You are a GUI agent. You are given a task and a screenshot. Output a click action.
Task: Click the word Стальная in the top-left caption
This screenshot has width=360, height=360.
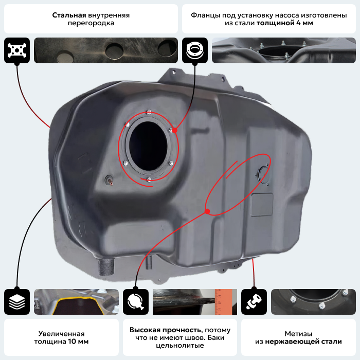pos(69,15)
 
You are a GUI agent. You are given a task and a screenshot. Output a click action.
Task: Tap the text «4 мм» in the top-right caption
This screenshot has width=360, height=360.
pos(304,23)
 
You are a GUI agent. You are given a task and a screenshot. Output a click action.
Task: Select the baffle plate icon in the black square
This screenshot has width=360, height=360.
pos(17,50)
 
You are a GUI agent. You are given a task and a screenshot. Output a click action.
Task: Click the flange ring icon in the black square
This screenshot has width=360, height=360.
pos(195,50)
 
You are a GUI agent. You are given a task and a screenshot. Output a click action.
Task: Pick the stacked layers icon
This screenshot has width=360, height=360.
pos(17,302)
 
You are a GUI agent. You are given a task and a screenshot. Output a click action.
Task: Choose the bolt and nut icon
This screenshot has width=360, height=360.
pos(254,302)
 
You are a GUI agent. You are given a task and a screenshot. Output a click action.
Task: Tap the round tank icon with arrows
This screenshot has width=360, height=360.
pos(136,302)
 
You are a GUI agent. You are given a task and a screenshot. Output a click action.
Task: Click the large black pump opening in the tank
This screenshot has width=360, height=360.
pos(148,146)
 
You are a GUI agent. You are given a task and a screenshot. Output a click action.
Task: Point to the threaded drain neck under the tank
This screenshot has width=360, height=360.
pos(106,267)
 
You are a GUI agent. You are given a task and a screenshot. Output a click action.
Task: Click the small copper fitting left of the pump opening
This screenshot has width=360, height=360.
pos(109,180)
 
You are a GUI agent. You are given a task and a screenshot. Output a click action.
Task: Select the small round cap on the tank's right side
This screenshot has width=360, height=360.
pos(262,174)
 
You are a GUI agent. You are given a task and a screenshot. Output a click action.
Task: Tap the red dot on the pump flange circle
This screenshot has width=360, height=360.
pos(175,131)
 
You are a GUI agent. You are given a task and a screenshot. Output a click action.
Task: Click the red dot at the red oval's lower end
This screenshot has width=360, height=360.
pos(207,211)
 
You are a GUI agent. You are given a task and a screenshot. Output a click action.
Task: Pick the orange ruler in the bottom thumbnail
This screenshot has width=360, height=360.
pos(226,302)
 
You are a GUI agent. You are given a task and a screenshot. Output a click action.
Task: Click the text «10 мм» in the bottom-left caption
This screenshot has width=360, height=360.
pos(78,341)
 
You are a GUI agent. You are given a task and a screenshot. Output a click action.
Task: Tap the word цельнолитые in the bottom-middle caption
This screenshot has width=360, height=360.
pos(180,345)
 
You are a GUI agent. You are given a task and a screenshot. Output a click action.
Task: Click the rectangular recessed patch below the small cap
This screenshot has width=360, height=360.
pos(262,205)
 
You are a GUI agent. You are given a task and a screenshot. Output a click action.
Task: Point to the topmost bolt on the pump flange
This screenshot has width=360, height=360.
pos(149,113)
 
